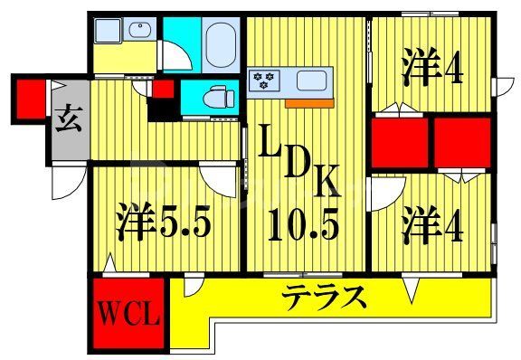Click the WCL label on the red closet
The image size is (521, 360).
tap(129, 316)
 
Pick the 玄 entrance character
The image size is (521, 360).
tap(71, 117)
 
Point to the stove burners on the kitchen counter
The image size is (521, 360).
tap(266, 81)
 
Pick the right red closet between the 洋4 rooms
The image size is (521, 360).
tap(460, 139)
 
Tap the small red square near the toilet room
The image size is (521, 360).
tap(165, 89)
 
